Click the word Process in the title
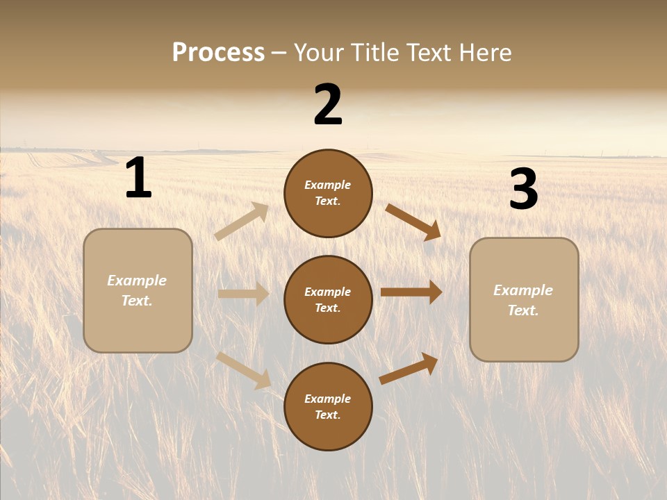coord(218,53)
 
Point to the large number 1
coord(138,178)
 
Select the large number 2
coord(328,105)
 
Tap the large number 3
coord(523,190)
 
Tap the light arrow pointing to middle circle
coord(243,294)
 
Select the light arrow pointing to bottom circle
coord(244,369)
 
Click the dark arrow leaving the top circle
coord(413,222)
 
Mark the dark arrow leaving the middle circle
coord(411,292)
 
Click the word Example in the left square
coord(137,281)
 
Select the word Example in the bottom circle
coord(328,399)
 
